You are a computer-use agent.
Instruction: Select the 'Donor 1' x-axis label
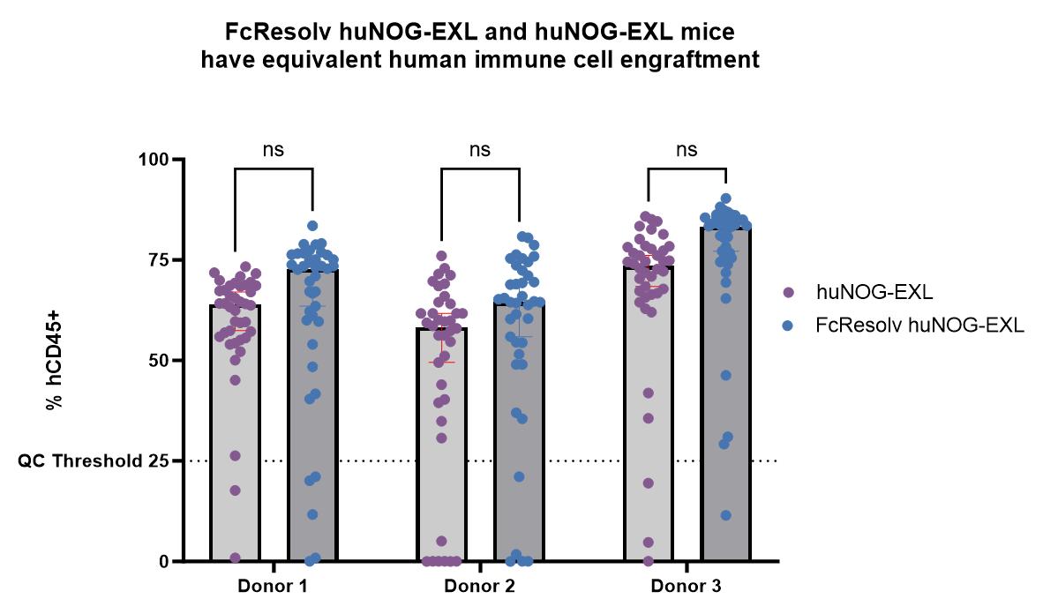point(274,587)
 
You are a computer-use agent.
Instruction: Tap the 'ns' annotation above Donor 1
point(274,149)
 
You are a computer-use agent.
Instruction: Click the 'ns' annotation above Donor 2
point(480,149)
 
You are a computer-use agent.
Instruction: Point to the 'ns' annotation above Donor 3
point(687,149)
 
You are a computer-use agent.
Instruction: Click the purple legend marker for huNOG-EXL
point(790,290)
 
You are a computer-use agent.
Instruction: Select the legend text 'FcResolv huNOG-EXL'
point(919,326)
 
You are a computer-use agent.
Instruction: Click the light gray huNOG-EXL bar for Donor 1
point(235,441)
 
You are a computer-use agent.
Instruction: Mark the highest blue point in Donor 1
point(312,226)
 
